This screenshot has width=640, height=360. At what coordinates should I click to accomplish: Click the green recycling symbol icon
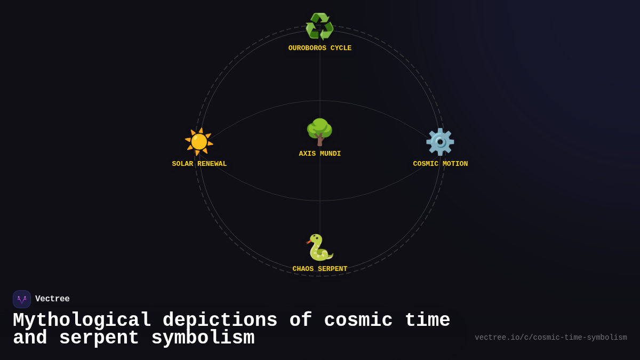tap(319, 27)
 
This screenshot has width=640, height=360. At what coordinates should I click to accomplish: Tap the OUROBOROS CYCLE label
tap(320, 49)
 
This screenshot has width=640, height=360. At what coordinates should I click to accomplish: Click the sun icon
tap(199, 142)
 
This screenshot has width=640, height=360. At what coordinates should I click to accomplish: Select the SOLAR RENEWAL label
tap(199, 164)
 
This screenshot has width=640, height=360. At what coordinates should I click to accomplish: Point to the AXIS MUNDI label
tap(320, 154)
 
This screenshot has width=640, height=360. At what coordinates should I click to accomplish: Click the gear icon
tap(440, 142)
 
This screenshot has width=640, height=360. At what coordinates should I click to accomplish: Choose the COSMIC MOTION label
tap(441, 164)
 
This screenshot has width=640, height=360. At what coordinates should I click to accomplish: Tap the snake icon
tap(319, 247)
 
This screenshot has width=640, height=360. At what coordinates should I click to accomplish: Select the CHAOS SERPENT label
tap(320, 269)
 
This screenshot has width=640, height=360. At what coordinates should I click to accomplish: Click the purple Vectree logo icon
tap(22, 299)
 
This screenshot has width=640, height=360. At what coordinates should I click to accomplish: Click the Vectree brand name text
tap(52, 299)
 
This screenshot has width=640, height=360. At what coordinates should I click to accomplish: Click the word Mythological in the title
tap(82, 321)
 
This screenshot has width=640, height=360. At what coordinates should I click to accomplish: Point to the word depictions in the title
tap(220, 321)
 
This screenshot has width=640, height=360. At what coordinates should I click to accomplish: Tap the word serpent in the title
tap(99, 338)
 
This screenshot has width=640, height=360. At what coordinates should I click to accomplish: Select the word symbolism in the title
tap(203, 338)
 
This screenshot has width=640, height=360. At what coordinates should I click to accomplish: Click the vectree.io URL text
tap(550, 338)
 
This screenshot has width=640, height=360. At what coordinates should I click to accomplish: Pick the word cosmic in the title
tap(358, 321)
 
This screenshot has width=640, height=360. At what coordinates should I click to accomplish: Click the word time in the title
tap(427, 321)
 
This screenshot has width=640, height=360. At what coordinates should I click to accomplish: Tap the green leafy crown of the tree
tap(319, 128)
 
